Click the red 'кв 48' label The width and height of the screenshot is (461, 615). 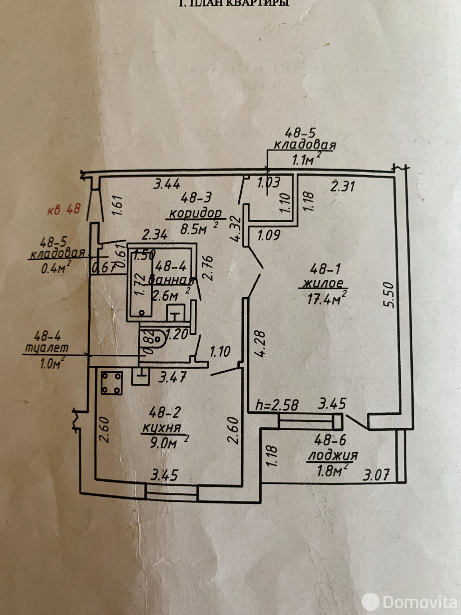click(x=64, y=209)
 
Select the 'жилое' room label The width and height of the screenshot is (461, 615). click(x=325, y=283)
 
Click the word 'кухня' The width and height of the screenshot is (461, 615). click(x=161, y=428)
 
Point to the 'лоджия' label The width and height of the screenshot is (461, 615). click(x=333, y=455)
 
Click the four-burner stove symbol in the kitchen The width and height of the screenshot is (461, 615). click(x=112, y=383)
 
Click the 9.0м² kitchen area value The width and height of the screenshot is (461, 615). click(x=164, y=443)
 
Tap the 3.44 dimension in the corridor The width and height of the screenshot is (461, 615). click(x=167, y=184)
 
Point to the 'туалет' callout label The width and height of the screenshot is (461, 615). click(x=46, y=348)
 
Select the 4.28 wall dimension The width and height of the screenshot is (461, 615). click(x=260, y=344)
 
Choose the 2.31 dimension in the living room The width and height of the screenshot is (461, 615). click(x=343, y=186)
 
